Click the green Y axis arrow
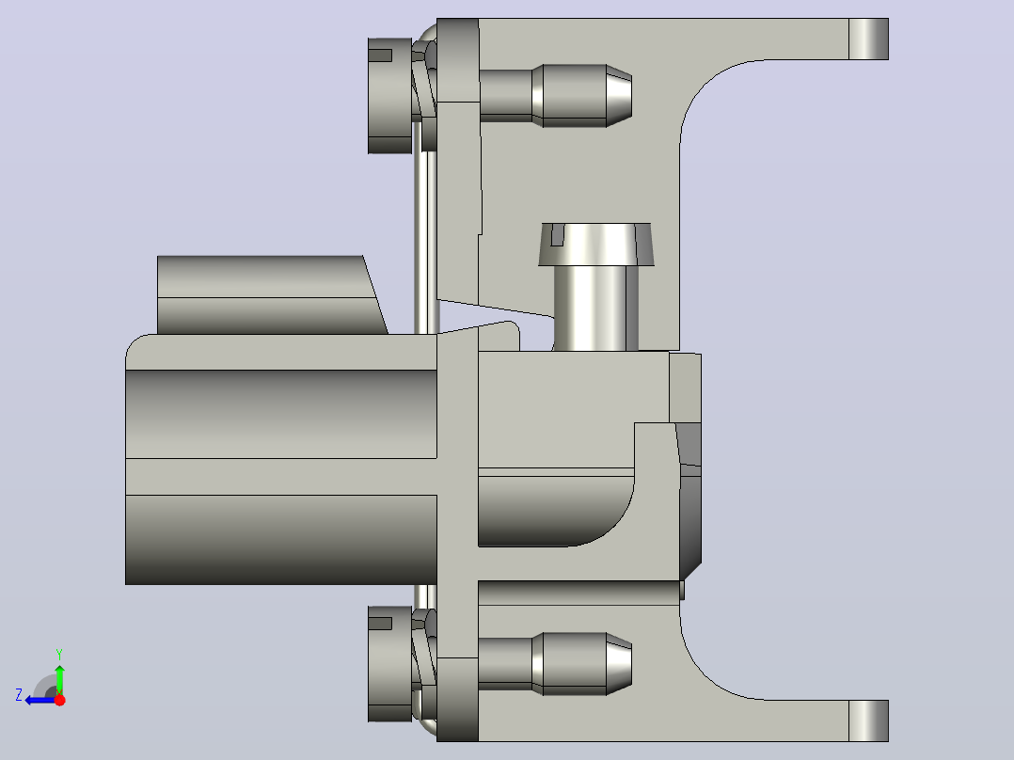59,679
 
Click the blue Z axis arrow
40,700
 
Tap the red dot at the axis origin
59,700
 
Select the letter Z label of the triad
19,695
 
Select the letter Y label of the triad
59,654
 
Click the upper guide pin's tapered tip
619,95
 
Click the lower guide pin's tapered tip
619,664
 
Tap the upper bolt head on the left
390,96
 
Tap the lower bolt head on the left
390,664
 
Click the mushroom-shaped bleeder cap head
596,245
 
